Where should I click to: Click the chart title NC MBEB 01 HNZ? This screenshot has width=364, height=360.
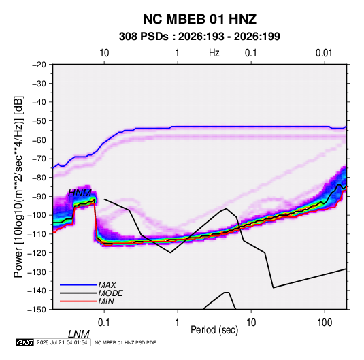[199, 19]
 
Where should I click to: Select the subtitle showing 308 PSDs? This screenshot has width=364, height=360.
[199, 37]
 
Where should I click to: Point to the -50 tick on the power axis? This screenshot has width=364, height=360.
[39, 121]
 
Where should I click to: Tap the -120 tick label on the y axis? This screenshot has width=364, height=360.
[37, 252]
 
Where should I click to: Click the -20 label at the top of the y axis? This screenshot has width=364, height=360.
[39, 65]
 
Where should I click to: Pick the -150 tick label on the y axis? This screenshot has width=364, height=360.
[37, 310]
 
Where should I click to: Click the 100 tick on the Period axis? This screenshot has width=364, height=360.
[325, 323]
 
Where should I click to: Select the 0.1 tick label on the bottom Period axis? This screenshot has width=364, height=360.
[104, 323]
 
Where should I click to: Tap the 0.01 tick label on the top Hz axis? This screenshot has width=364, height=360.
[324, 53]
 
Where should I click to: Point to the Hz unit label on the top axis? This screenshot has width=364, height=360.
[214, 53]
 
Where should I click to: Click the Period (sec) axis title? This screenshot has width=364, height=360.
[214, 330]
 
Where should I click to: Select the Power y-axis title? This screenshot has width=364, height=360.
[18, 186]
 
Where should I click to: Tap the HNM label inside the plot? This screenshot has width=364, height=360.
[80, 193]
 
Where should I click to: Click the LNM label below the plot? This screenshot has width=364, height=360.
[79, 334]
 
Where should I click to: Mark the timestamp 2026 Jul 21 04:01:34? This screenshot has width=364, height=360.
[62, 342]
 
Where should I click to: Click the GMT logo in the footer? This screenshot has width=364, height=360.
[25, 342]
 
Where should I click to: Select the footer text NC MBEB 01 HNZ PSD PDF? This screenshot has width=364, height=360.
[125, 342]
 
